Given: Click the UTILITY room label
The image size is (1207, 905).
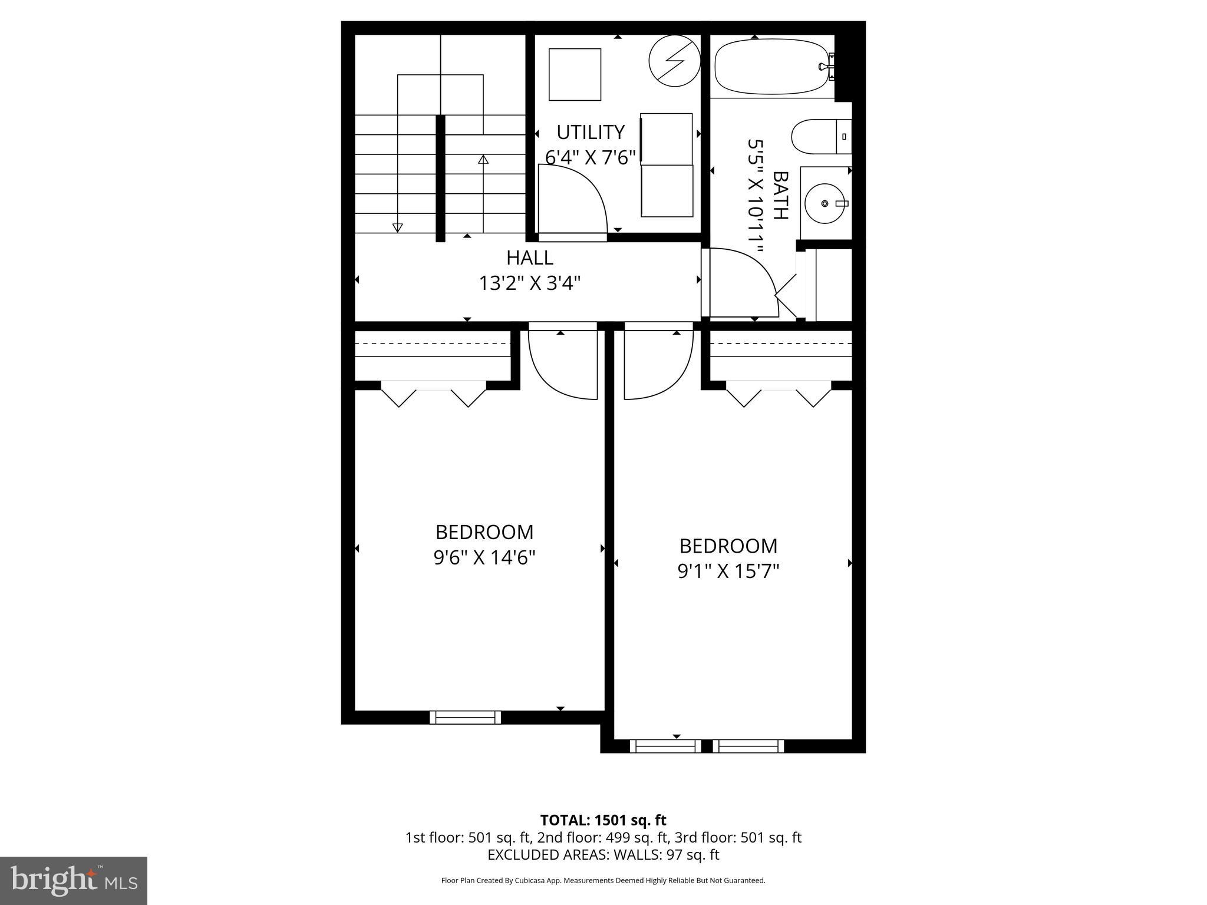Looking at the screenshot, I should (x=590, y=132).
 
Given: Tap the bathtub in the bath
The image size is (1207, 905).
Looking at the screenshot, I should (x=772, y=67).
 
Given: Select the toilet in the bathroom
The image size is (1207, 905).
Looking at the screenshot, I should (x=820, y=136).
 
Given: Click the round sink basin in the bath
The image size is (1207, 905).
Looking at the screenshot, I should (x=825, y=203).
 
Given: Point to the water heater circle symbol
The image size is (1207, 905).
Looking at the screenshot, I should (x=674, y=61).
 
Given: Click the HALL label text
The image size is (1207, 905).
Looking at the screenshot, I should (x=529, y=258).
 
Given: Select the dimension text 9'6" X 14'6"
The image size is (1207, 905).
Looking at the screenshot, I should (x=484, y=557).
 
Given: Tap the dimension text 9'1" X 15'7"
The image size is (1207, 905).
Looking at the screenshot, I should (x=728, y=571).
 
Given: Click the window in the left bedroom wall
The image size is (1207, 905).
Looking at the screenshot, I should (x=465, y=717).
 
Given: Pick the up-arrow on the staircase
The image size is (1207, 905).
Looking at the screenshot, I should (x=483, y=160).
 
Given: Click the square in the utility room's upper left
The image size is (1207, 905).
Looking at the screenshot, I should (x=575, y=75).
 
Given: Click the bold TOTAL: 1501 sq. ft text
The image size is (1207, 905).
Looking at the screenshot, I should (x=603, y=820).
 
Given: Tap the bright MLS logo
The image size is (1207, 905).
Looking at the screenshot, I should (x=74, y=881).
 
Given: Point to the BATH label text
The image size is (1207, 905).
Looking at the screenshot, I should (x=780, y=195).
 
